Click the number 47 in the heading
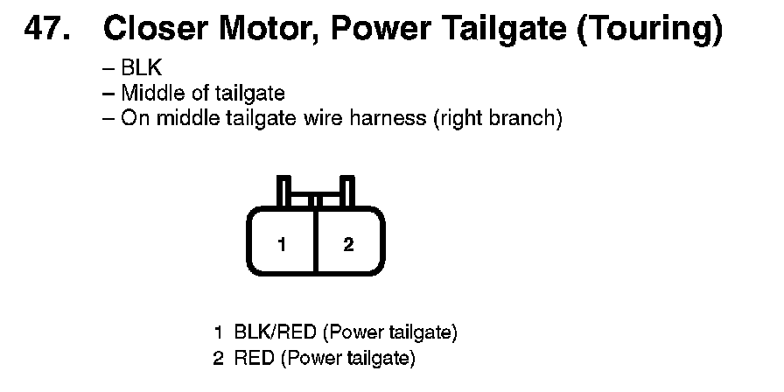pos(46,31)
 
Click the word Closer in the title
pos(154,31)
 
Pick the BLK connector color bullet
pos(141,69)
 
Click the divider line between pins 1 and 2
pos(316,242)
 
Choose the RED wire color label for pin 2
pos(255,358)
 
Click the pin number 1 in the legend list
pos(218,332)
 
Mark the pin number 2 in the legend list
pos(218,358)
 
